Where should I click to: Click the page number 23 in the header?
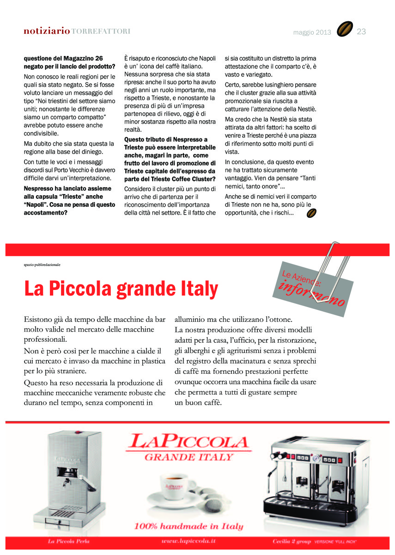(361, 31)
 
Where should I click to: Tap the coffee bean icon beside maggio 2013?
(345, 30)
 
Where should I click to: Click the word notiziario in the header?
(47, 31)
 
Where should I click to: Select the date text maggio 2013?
(312, 32)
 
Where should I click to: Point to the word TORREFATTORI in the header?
(101, 31)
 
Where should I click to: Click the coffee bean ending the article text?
(312, 213)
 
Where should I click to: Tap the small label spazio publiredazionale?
(42, 265)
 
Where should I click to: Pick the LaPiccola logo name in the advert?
(189, 441)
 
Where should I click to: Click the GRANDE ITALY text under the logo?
(188, 457)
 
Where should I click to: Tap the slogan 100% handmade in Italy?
(188, 526)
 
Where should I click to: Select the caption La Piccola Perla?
(69, 541)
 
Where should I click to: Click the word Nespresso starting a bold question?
(40, 189)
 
